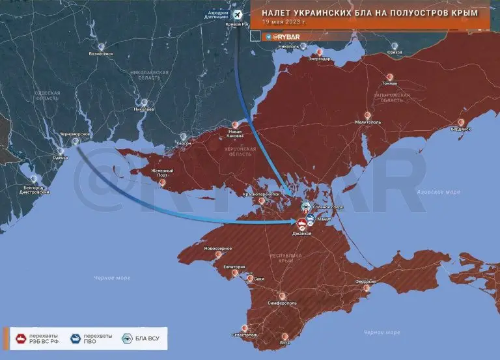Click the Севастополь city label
point(245,335)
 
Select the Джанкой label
point(303,234)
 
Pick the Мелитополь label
point(368,122)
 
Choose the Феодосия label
point(365,281)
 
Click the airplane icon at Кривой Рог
point(237,14)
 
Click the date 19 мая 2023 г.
point(284,21)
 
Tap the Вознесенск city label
point(102,55)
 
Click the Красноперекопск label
point(261,193)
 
